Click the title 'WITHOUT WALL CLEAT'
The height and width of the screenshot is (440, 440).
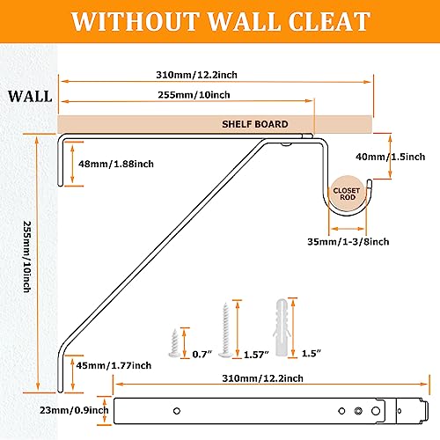[x=220, y=21]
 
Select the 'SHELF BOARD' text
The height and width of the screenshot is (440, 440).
[x=255, y=124]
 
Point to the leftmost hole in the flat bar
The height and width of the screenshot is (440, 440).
[x=175, y=409]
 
